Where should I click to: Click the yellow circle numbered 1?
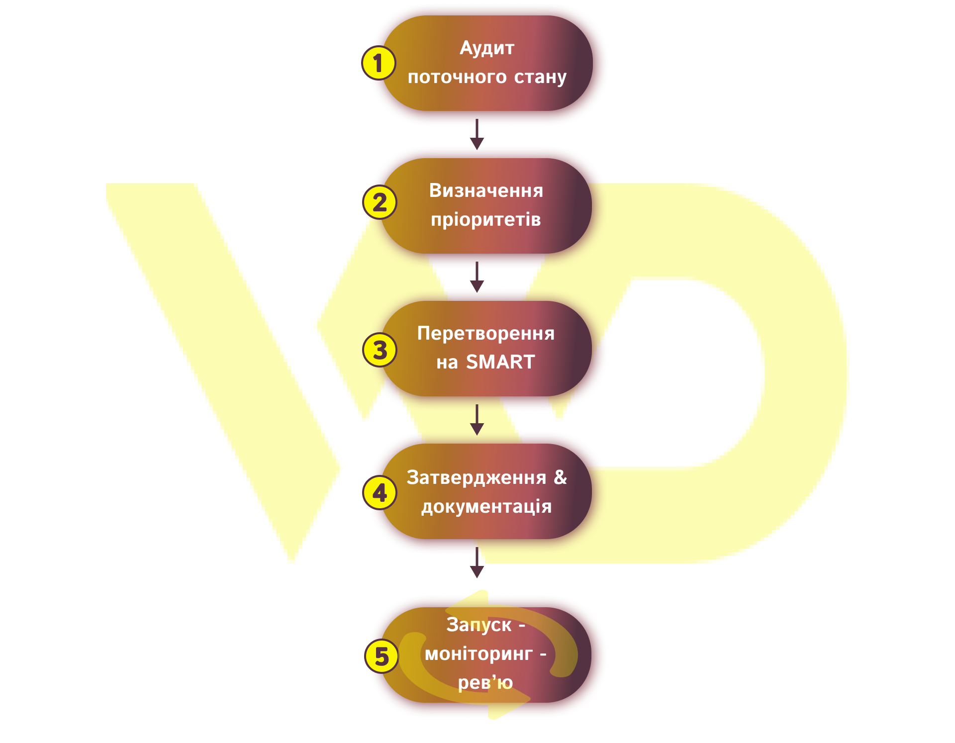coord(379,63)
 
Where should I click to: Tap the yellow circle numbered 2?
coord(380,202)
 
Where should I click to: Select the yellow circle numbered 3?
coord(380,350)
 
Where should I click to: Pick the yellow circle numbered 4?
coord(380,492)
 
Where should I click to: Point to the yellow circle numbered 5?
coord(382,656)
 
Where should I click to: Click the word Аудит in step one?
coord(487,48)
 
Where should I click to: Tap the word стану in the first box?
coord(540,77)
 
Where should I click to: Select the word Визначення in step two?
coord(486,190)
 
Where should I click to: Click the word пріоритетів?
coord(486,219)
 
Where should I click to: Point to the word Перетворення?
coord(486,333)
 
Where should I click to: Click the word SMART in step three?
coord(500,362)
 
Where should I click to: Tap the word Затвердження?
coord(477,477)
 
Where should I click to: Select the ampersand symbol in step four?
coord(561,477)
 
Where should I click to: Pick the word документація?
coord(486,507)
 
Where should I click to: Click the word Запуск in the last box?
coord(478,625)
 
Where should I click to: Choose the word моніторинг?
coord(478,653)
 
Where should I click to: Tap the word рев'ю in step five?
coord(485,682)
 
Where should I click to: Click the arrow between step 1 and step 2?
coord(477,134)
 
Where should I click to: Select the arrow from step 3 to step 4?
coord(477,420)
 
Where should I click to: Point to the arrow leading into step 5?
coord(477,562)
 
